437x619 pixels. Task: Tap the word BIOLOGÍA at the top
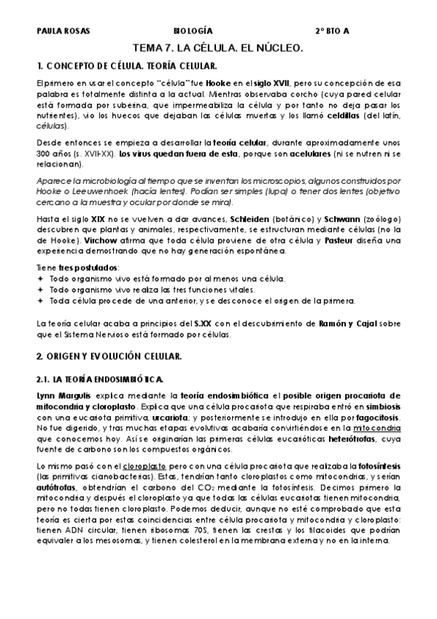point(193,31)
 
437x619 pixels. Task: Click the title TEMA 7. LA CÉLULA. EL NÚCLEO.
point(218,47)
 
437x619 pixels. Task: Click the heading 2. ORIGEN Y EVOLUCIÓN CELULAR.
point(109,355)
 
